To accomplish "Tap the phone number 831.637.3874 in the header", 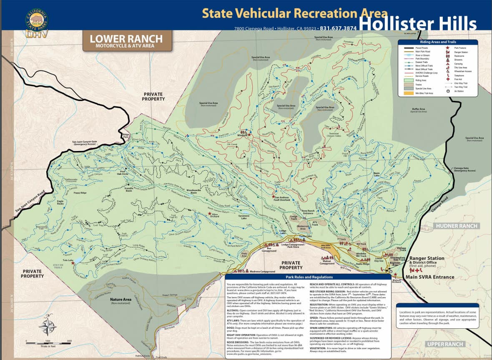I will (x=338, y=28).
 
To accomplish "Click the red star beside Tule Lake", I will (x=73, y=263).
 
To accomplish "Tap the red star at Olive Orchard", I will (x=210, y=214).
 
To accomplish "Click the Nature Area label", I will (x=120, y=300).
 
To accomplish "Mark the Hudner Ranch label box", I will (x=457, y=226).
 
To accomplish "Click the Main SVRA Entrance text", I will (x=430, y=277).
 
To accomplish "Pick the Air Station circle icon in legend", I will (x=448, y=90).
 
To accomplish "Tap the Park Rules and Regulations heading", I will (x=308, y=277).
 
